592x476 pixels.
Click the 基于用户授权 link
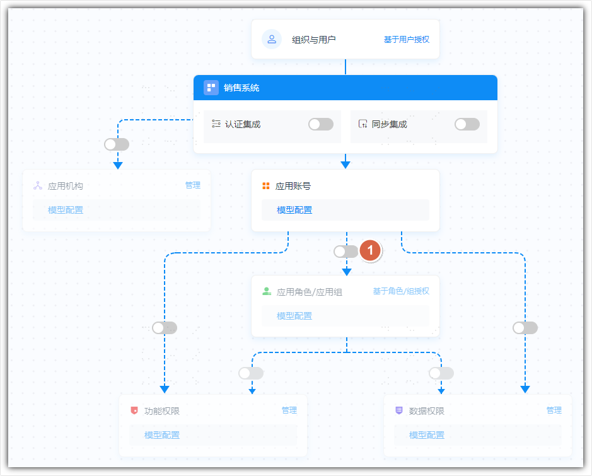tap(407, 40)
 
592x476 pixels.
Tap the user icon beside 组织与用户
tap(272, 39)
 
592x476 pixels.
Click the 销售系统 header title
tap(241, 88)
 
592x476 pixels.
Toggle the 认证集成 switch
tap(321, 124)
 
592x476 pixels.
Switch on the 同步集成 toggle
tap(467, 124)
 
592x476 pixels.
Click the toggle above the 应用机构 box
tap(117, 144)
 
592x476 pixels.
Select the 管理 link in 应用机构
tap(193, 185)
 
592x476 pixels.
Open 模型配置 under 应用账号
tap(294, 210)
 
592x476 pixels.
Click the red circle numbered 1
tap(370, 250)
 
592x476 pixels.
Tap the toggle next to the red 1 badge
tap(346, 252)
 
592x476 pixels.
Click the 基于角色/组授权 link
tap(401, 291)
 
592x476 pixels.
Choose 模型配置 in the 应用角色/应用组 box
tap(294, 316)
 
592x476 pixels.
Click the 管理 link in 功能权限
tap(289, 410)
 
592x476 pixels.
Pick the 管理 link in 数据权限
tap(554, 410)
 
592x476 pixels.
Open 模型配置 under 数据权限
tap(427, 435)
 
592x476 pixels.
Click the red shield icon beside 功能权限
tap(134, 410)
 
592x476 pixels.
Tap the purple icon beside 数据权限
tap(398, 410)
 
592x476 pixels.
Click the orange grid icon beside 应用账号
tap(266, 186)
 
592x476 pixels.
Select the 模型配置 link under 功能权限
tap(162, 435)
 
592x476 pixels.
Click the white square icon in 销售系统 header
tap(211, 88)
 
